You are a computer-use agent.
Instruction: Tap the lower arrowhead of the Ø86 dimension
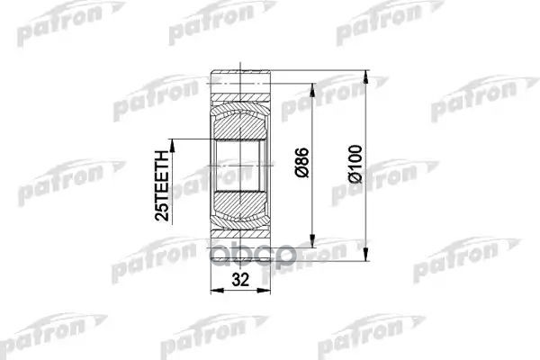point(313,245)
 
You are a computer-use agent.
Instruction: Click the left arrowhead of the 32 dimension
point(213,289)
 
